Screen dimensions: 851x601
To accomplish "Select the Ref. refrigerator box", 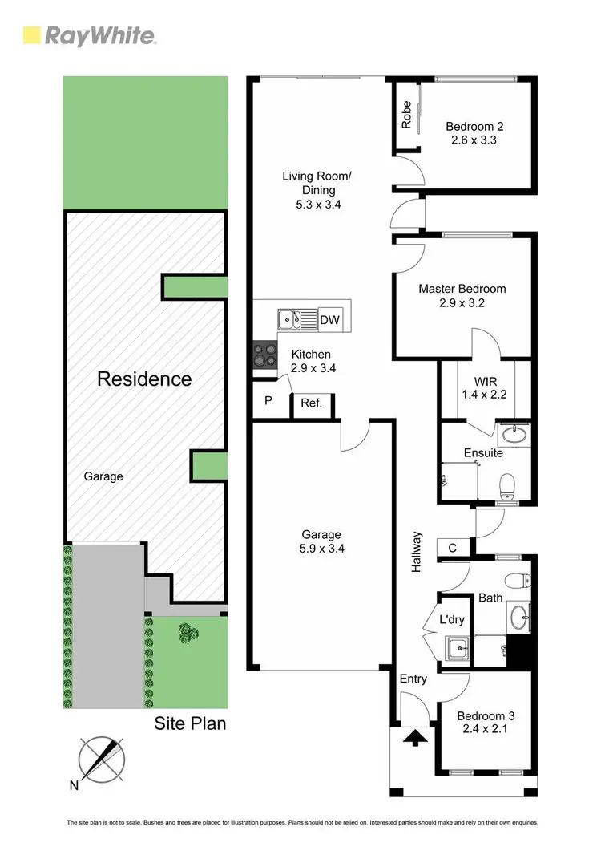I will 312,403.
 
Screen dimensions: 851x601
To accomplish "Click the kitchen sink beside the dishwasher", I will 297,320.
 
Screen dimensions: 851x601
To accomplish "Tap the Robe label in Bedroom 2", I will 407,115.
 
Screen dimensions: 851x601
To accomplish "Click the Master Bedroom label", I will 462,289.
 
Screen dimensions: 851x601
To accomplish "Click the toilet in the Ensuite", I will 506,485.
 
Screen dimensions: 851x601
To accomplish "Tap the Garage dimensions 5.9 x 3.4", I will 321,549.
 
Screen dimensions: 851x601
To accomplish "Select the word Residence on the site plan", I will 144,379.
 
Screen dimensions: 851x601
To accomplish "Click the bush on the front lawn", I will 189,634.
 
